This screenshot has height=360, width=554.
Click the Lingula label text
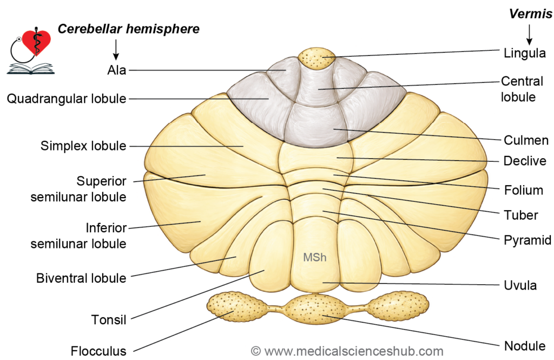[x=525, y=54]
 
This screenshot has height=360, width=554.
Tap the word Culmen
[x=526, y=140]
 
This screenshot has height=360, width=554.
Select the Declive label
[x=525, y=161]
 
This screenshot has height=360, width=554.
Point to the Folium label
[x=524, y=190]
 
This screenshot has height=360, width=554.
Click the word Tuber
[x=521, y=215]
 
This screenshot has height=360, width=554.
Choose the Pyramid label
[x=527, y=240]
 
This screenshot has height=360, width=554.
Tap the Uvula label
[x=520, y=285]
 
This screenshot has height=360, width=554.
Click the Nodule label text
[x=525, y=346]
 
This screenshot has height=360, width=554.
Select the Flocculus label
[x=98, y=351]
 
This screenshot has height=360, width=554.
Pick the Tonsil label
[x=109, y=320]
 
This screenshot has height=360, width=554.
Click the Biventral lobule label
[x=81, y=278]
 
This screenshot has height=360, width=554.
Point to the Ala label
[x=117, y=70]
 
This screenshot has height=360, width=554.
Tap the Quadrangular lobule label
[x=67, y=99]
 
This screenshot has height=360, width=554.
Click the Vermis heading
[x=531, y=14]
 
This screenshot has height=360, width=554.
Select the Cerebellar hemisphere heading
[x=129, y=29]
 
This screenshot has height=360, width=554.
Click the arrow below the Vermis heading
[x=529, y=35]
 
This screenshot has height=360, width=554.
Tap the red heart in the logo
[x=36, y=42]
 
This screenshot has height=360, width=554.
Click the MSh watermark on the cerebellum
[x=315, y=257]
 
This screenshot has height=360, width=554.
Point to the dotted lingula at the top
[x=316, y=58]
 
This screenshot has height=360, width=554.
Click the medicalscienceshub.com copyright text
[x=347, y=351]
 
